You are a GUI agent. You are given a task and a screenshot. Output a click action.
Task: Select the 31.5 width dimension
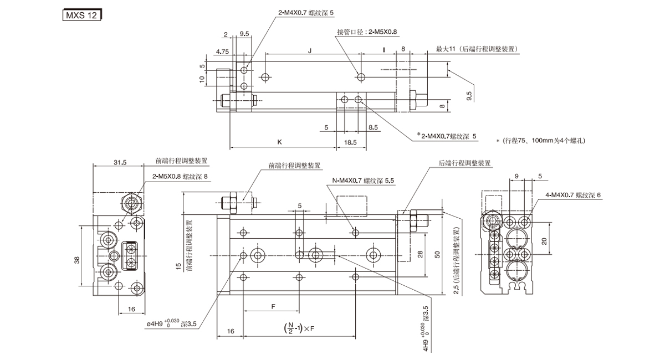[x=120, y=162]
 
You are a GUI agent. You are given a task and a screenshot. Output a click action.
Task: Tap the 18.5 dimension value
[x=350, y=142]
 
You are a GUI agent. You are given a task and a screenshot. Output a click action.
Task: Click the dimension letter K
[x=280, y=142]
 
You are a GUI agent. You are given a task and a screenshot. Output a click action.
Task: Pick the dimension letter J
[x=310, y=50]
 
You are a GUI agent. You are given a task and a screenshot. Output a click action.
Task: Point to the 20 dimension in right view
[x=545, y=241]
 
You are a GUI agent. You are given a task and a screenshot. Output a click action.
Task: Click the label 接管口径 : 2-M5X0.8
[x=367, y=32]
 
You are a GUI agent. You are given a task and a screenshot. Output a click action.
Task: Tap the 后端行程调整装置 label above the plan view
[x=464, y=163]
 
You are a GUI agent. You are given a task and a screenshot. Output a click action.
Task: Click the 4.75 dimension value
[x=223, y=51]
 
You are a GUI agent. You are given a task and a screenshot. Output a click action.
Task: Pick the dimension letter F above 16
[x=273, y=306]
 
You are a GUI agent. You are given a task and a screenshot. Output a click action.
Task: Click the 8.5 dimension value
[x=374, y=127]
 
